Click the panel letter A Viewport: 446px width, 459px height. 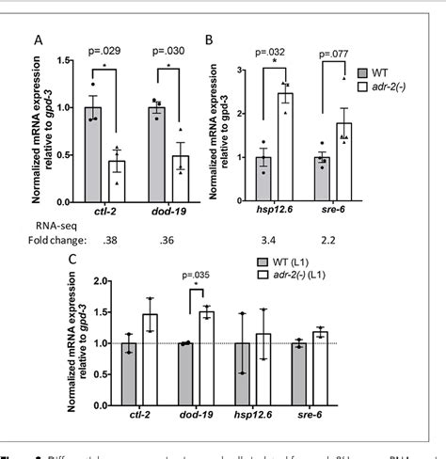pyautogui.click(x=39, y=40)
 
